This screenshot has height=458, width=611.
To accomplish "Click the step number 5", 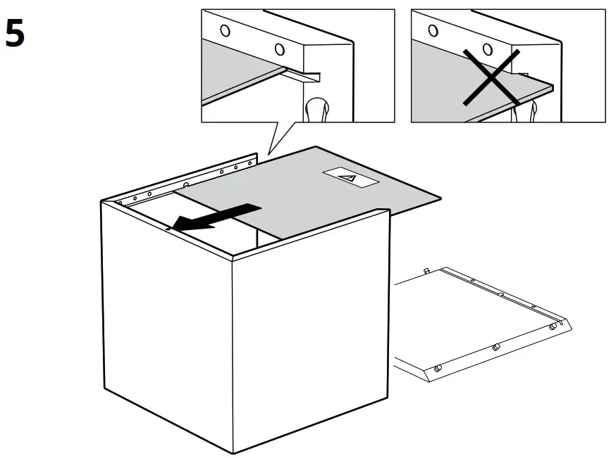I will point(15,33).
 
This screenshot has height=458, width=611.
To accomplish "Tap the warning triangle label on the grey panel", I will point(350,178).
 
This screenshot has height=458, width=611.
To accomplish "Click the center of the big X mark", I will point(492,77).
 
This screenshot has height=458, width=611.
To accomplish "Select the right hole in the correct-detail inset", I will point(280,49).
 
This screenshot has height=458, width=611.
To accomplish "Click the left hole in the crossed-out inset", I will point(433,30).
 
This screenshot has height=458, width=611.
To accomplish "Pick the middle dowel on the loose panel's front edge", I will point(495,347).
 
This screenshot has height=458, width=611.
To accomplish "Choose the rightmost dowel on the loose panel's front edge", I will point(554,326).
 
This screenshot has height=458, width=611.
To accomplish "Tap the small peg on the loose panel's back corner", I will point(427,269).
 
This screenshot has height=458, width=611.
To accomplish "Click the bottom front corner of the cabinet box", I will point(235,452).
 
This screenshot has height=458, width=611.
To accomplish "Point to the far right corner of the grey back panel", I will point(439,196).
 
